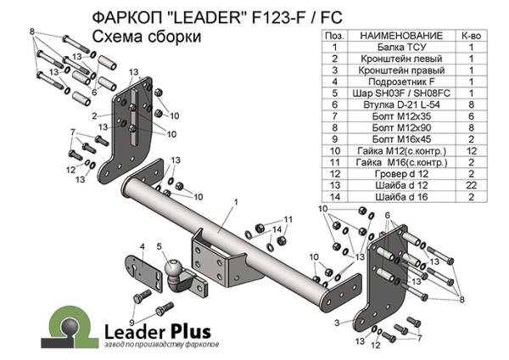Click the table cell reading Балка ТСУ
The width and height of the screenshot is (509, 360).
tap(396, 49)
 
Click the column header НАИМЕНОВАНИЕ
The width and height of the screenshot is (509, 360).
tap(396, 37)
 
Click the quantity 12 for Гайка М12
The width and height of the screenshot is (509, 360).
tap(467, 149)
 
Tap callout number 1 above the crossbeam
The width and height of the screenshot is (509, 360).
tap(235, 201)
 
